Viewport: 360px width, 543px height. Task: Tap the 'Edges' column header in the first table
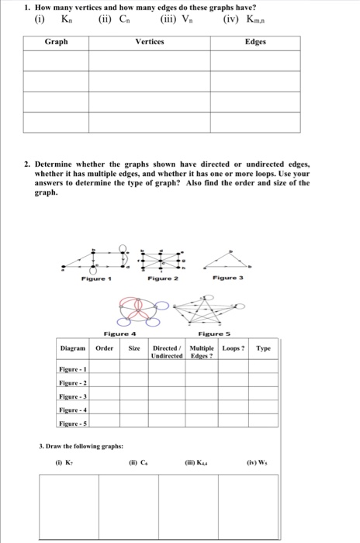point(255,41)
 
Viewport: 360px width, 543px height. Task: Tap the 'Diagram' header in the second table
point(75,348)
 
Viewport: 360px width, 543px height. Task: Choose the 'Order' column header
point(105,348)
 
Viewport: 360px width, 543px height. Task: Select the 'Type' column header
point(264,348)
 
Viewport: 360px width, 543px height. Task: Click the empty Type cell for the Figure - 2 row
point(264,382)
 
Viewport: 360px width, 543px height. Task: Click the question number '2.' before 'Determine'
point(27,164)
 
